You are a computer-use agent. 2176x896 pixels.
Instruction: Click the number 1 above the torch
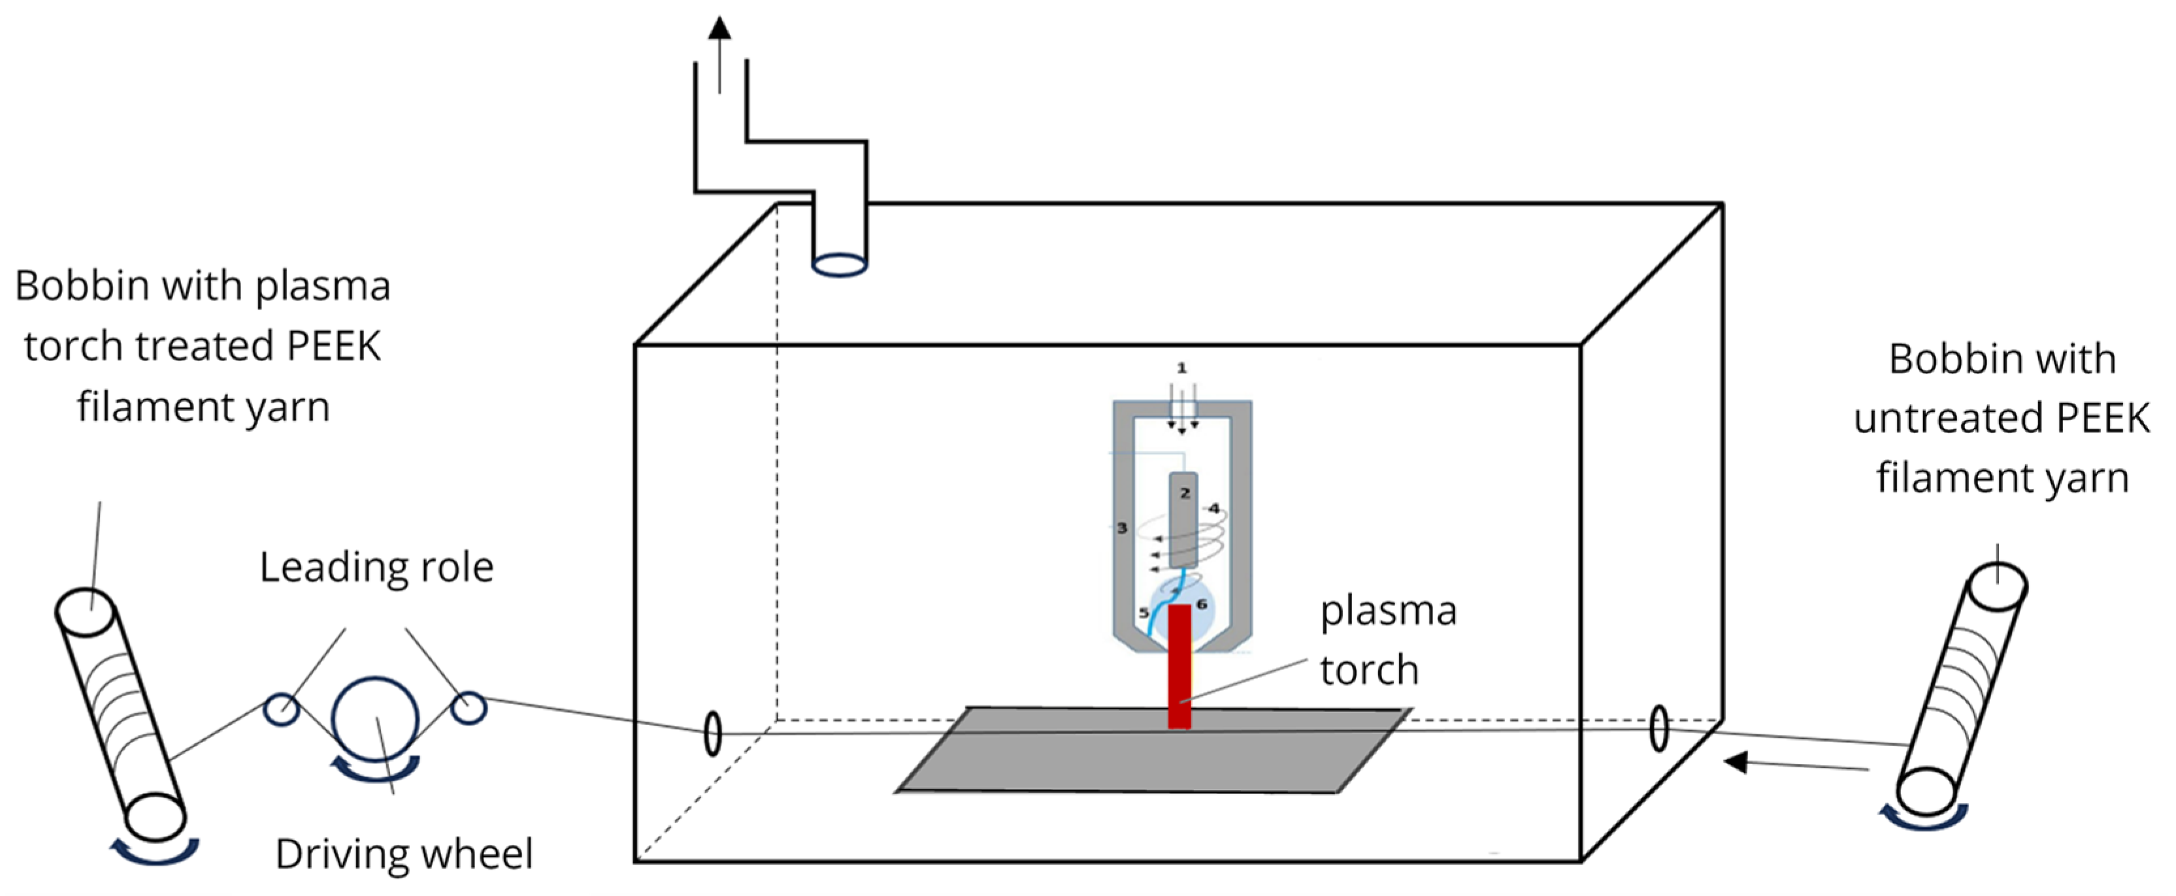1181,368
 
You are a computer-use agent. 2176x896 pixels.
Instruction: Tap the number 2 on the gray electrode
1184,493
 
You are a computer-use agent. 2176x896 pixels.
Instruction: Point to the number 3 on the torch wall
1122,528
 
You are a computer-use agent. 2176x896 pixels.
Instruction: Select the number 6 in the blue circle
1201,604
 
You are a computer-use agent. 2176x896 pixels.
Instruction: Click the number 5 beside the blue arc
1144,613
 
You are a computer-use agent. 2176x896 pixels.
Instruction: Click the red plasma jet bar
1179,667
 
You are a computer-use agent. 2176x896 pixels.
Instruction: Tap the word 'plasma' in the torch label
1388,611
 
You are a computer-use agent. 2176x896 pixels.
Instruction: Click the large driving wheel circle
375,720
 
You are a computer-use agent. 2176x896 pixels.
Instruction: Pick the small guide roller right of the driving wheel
468,708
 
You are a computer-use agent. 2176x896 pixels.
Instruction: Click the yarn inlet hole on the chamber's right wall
1658,728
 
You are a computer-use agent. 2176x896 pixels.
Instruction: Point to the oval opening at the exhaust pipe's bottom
839,265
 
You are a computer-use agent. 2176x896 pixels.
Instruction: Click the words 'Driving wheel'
404,854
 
